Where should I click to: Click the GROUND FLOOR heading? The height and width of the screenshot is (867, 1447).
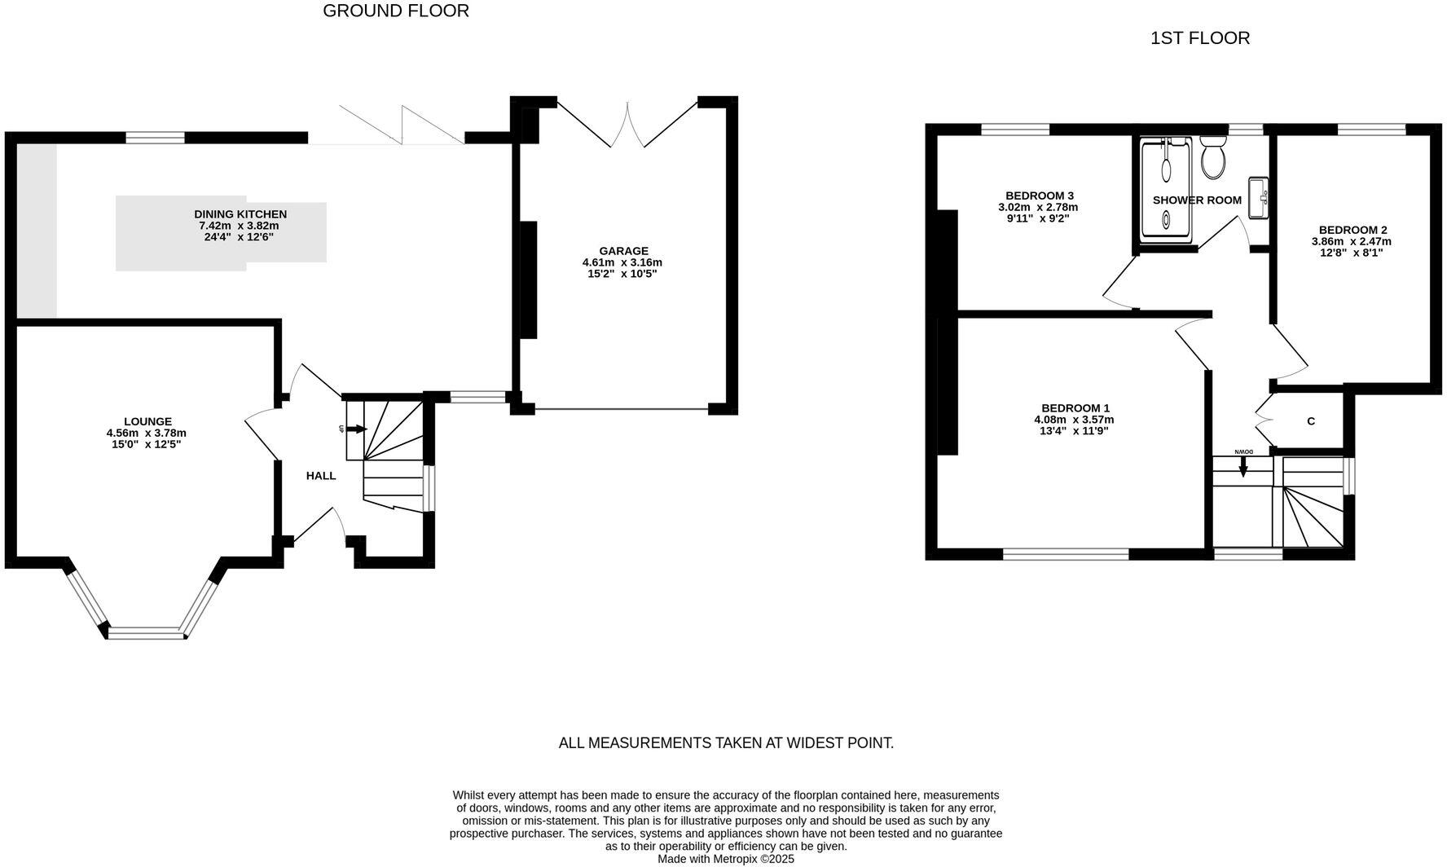pos(396,11)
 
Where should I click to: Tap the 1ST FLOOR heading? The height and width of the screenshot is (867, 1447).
pos(1199,37)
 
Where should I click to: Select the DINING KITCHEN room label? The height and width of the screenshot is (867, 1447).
pos(240,213)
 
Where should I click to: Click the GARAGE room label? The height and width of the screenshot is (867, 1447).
pos(623,251)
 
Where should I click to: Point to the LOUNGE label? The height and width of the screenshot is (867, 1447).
pos(147,421)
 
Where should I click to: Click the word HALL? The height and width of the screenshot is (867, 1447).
pos(321,475)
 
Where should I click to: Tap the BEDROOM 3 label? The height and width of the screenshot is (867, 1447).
pos(1039,196)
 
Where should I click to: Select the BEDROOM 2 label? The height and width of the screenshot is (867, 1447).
pos(1352,230)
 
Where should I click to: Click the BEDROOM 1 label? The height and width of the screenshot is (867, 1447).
pos(1075,408)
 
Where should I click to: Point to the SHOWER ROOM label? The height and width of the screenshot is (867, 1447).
pos(1196,200)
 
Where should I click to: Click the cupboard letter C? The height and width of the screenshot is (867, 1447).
pos(1311,421)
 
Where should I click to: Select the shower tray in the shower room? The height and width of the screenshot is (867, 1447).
pos(1166,189)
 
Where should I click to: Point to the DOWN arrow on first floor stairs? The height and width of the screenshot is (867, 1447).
pos(1243,467)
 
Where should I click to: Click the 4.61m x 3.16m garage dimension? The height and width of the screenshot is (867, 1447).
pos(622,262)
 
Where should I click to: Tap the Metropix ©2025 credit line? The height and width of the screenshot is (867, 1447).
pos(725,859)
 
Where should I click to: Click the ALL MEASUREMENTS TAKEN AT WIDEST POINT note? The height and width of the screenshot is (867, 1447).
pos(726,742)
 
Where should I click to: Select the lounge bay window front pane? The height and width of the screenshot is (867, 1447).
pos(147,632)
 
